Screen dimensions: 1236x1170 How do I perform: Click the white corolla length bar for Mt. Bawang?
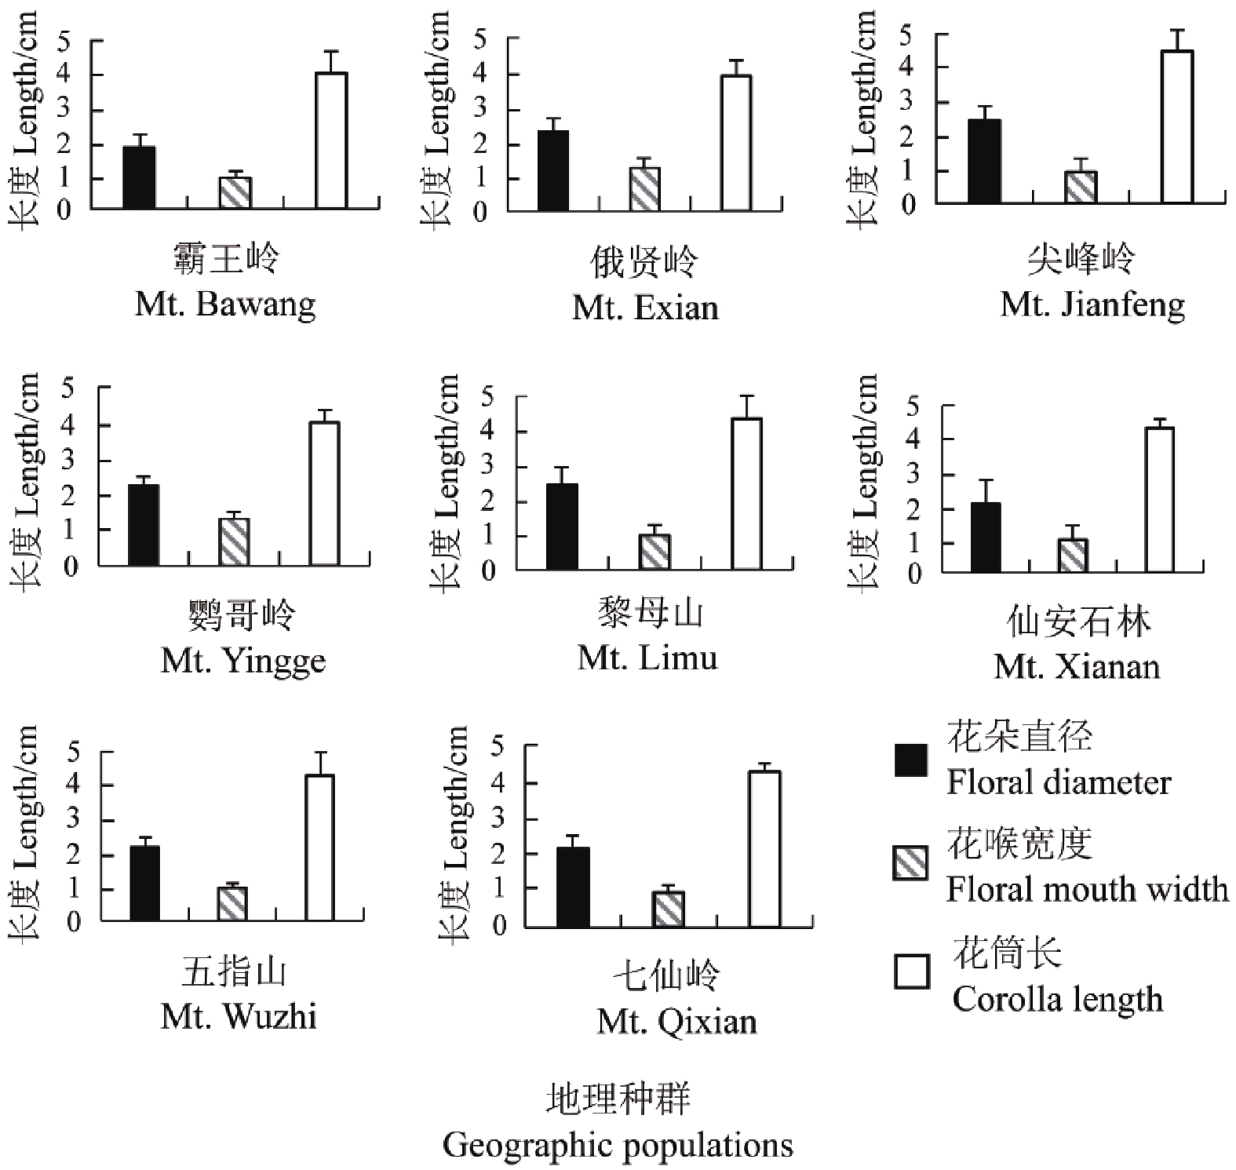pyautogui.click(x=331, y=140)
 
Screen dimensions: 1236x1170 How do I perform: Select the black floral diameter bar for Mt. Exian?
pyautogui.click(x=553, y=171)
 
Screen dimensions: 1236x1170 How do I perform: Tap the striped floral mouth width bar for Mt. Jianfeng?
pyautogui.click(x=1081, y=188)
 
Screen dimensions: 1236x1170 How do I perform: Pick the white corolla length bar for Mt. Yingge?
pyautogui.click(x=324, y=494)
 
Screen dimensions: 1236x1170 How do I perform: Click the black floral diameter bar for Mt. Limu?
pyautogui.click(x=562, y=527)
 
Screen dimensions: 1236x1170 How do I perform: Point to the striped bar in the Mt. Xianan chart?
pyautogui.click(x=1073, y=556)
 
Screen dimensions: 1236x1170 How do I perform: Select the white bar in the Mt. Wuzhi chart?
pyautogui.click(x=319, y=847)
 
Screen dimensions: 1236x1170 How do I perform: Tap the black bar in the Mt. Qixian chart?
pyautogui.click(x=573, y=888)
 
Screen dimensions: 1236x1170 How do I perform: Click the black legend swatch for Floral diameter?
pyautogui.click(x=910, y=760)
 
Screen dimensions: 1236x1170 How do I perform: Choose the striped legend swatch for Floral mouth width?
pyautogui.click(x=910, y=864)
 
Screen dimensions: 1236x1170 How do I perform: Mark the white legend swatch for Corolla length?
pyautogui.click(x=912, y=971)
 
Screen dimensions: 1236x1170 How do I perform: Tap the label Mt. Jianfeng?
pyautogui.click(x=1092, y=304)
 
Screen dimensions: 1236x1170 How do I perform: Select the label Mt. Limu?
pyautogui.click(x=647, y=658)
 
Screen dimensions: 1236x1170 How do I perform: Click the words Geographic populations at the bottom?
pyautogui.click(x=618, y=1146)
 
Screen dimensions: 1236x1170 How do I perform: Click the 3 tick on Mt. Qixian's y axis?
pyautogui.click(x=498, y=819)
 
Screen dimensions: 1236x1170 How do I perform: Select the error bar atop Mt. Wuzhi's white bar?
pyautogui.click(x=319, y=764)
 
